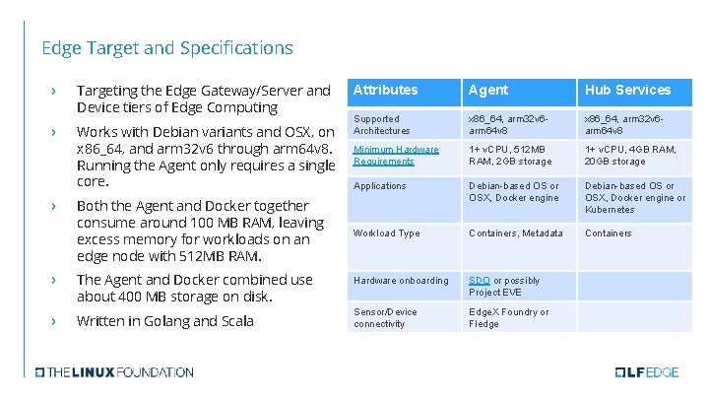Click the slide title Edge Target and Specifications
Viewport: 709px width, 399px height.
pyautogui.click(x=167, y=47)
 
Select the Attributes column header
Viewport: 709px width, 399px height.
pyautogui.click(x=385, y=90)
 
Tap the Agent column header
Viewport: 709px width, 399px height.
pyautogui.click(x=488, y=90)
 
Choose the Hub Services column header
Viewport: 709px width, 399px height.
pyautogui.click(x=627, y=90)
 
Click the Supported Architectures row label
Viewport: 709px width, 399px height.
pyautogui.click(x=382, y=124)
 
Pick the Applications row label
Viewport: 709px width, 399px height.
pyautogui.click(x=380, y=186)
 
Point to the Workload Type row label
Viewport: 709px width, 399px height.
pyautogui.click(x=387, y=233)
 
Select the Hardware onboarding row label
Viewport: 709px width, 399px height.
pyautogui.click(x=401, y=281)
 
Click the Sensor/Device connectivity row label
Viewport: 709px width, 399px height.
pyautogui.click(x=384, y=318)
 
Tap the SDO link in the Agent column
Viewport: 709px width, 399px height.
pyautogui.click(x=480, y=281)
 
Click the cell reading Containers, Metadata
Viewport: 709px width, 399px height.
pyautogui.click(x=516, y=233)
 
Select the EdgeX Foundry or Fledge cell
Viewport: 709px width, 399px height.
pyautogui.click(x=509, y=318)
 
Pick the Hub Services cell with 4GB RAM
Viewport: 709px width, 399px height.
pyautogui.click(x=631, y=156)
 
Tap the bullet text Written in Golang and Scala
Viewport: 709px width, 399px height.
pyautogui.click(x=164, y=321)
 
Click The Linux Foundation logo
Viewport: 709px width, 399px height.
pyautogui.click(x=114, y=372)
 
